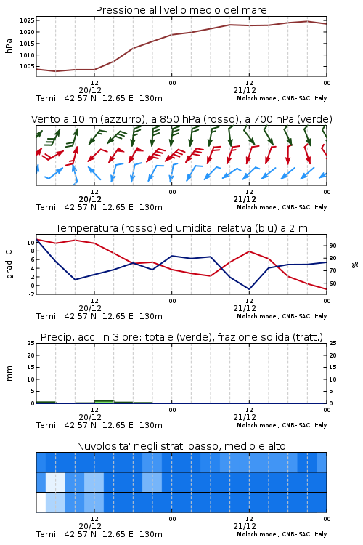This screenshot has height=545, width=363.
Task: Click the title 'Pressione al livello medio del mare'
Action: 181,10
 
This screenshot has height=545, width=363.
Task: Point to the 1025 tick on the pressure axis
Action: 27,20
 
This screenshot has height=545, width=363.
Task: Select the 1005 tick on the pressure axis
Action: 27,66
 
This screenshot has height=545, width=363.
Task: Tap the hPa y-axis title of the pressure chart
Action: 9,46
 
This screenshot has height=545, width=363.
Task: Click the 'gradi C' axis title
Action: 9,265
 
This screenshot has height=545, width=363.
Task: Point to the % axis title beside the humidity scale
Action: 355,265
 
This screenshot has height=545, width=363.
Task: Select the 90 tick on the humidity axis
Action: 333,246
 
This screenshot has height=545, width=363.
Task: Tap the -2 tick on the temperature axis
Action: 31,294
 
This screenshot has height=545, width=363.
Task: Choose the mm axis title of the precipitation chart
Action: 9,374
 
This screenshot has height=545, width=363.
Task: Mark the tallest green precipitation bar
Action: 105,401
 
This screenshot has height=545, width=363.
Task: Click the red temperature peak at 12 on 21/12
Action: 250,251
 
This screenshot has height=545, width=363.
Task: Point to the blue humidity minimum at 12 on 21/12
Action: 249,288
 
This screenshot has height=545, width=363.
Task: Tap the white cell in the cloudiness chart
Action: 41,502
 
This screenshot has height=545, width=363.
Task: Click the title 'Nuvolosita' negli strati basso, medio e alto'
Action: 181,446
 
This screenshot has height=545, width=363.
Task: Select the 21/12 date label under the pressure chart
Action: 245,90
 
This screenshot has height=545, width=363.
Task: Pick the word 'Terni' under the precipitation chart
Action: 46,425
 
